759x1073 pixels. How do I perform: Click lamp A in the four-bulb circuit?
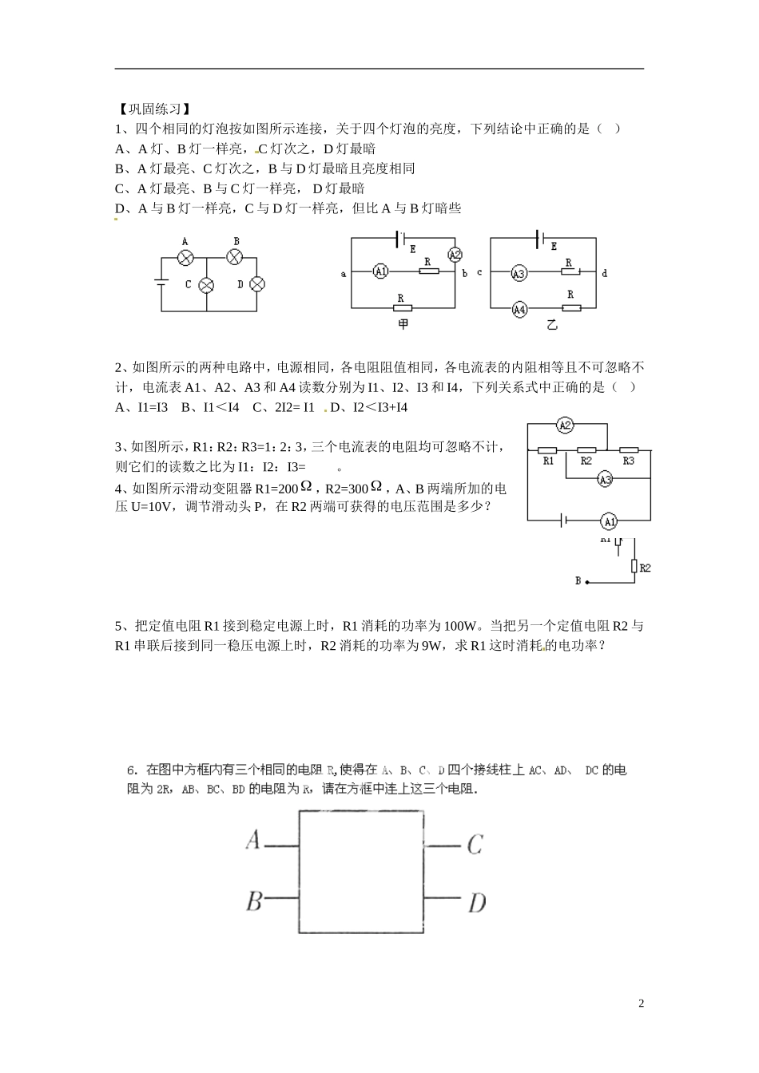[185, 257]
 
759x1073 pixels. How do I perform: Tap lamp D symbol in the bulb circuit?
[257, 284]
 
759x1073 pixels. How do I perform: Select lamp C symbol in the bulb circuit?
[206, 284]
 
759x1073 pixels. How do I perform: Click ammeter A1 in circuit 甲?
[380, 272]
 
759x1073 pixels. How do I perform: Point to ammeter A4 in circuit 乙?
[519, 309]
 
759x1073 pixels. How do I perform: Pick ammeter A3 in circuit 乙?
[519, 273]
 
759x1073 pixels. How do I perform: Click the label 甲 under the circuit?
[403, 325]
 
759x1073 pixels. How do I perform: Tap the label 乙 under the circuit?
[551, 326]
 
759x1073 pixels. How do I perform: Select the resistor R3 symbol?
[629, 450]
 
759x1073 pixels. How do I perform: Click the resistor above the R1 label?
[548, 450]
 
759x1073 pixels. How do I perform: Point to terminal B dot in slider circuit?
[587, 582]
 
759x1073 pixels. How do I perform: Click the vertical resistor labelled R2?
[634, 567]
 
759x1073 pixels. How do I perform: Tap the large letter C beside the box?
[475, 844]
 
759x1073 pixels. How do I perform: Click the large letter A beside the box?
[253, 840]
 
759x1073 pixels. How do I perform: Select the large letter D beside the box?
[476, 903]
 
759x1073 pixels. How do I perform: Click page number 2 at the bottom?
[641, 1004]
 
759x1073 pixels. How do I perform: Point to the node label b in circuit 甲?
[465, 273]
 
